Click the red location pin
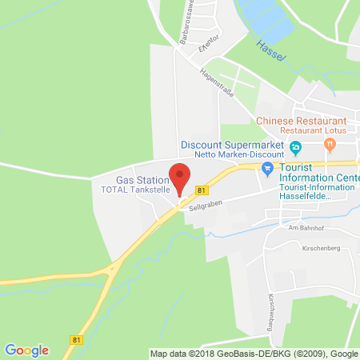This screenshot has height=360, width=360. pyautogui.click(x=182, y=177)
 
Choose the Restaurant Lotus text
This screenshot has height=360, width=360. pyautogui.click(x=316, y=132)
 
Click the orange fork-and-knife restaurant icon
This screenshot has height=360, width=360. pyautogui.click(x=330, y=144)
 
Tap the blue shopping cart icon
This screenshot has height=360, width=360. pyautogui.click(x=295, y=148)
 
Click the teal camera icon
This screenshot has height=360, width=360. pyautogui.click(x=268, y=167)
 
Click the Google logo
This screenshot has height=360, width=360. pyautogui.click(x=27, y=350)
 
